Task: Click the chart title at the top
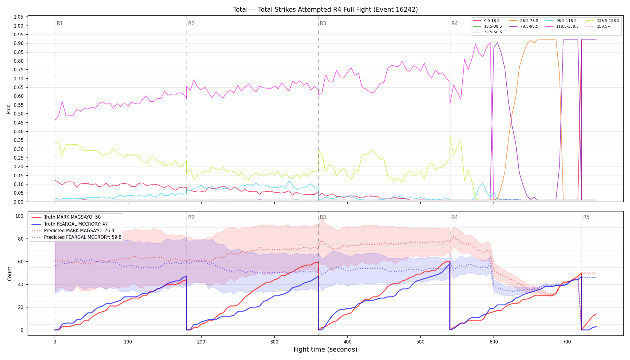[325, 10]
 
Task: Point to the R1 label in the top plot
[60, 23]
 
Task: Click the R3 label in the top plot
[323, 23]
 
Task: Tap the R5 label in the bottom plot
[586, 217]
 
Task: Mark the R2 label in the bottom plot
[191, 217]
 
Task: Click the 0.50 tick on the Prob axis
[19, 114]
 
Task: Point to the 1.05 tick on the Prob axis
[19, 17]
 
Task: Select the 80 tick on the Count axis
[21, 239]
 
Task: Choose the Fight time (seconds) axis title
[325, 349]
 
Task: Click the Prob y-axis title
[9, 109]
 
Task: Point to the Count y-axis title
[10, 274]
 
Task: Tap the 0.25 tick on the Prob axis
[19, 158]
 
